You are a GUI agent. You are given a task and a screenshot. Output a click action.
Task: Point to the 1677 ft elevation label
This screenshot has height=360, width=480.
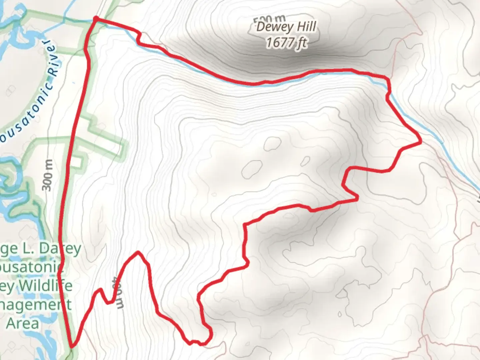pyautogui.click(x=286, y=43)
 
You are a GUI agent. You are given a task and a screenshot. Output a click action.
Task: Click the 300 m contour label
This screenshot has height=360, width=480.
pyautogui.click(x=48, y=175)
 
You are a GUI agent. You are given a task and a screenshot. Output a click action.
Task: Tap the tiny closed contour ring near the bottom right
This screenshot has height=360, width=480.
pyautogui.click(x=339, y=314)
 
